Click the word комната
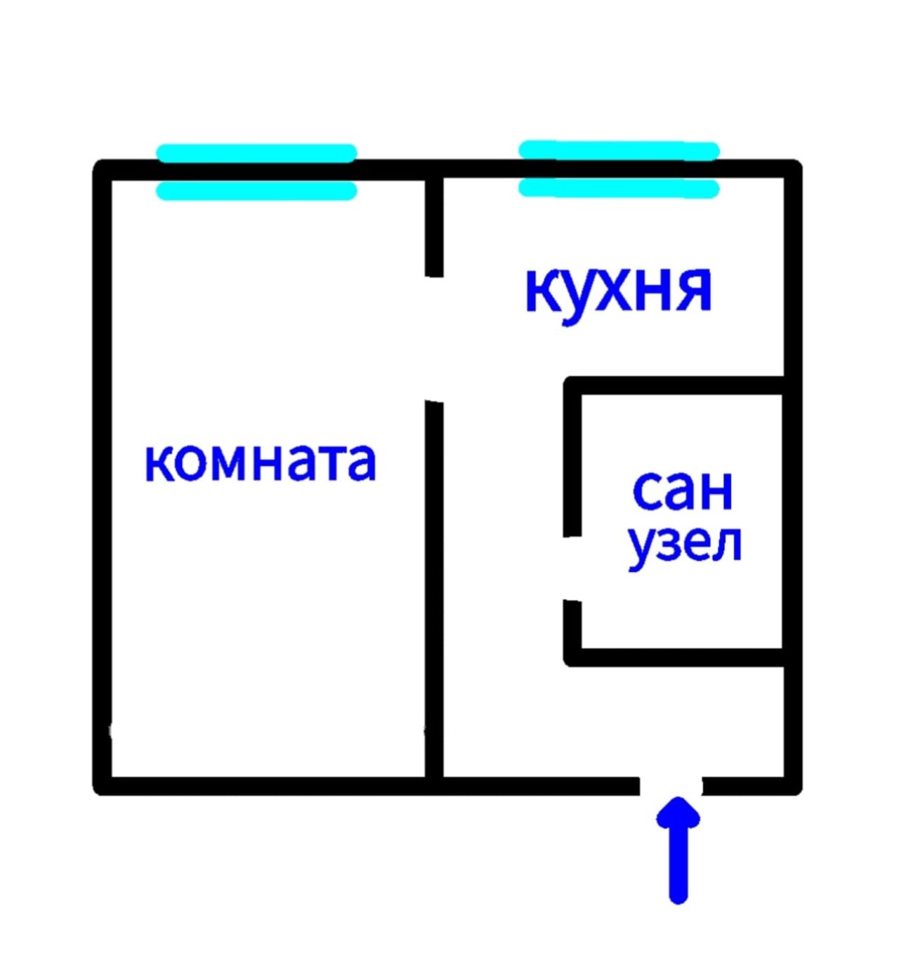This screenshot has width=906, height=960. click(x=260, y=462)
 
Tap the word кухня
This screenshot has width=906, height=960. click(x=618, y=291)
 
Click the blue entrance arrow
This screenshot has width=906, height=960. click(x=678, y=849)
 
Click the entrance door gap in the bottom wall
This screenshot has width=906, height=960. click(x=671, y=786)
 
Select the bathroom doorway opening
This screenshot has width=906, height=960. click(x=573, y=568)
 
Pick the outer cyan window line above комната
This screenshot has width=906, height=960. click(x=256, y=153)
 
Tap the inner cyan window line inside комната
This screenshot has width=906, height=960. click(x=256, y=191)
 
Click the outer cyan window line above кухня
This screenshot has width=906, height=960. click(x=619, y=150)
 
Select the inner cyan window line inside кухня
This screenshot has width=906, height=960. click(x=619, y=188)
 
